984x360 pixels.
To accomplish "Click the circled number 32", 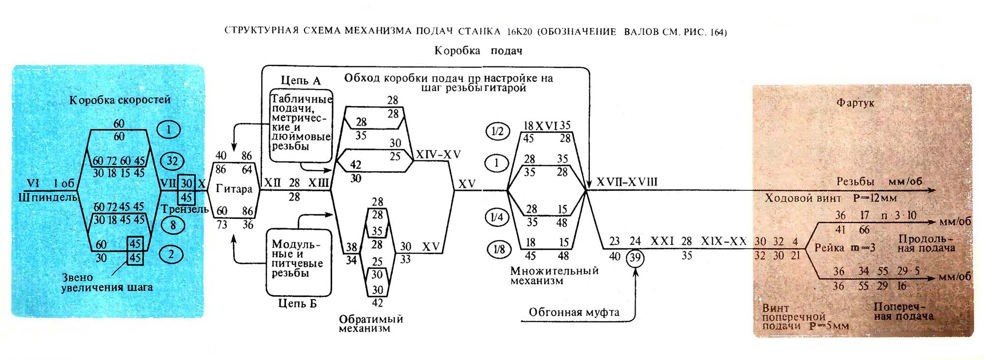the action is click(x=172, y=161).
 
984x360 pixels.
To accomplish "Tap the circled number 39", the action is click(x=635, y=258).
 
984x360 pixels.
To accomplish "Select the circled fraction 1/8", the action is click(x=499, y=249).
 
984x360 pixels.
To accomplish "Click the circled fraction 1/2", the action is click(x=497, y=131).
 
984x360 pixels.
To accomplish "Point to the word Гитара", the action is click(x=234, y=189).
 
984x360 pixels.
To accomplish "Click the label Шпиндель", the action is click(x=48, y=198).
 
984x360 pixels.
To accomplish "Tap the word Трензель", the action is click(x=185, y=210).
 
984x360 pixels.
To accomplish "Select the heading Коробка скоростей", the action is click(x=120, y=100).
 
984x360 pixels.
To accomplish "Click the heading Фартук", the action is click(x=856, y=103).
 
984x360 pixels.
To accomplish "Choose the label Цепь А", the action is click(x=301, y=81).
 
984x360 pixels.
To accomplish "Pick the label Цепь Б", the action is click(x=298, y=303).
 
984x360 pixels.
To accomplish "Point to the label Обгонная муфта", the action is click(x=574, y=312).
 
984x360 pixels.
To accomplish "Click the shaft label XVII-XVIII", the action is click(x=627, y=182).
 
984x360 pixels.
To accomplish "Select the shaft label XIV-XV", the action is click(x=438, y=154).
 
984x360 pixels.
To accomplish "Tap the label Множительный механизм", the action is click(x=554, y=276).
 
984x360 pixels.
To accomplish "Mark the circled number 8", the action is click(x=173, y=225).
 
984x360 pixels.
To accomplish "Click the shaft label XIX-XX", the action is click(x=724, y=241).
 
